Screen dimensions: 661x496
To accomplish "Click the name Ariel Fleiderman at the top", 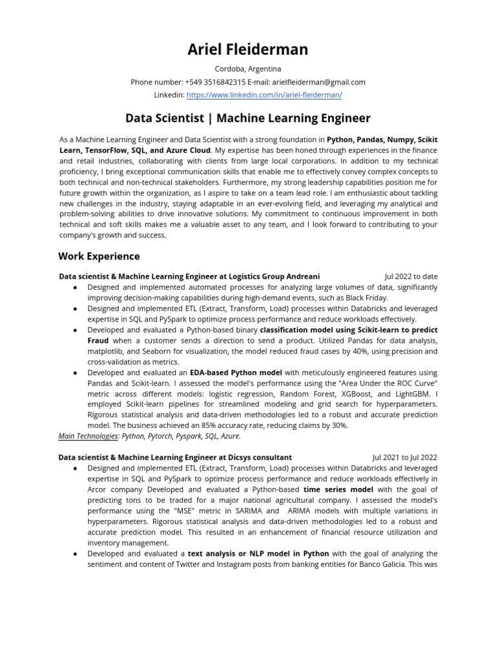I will [248, 49].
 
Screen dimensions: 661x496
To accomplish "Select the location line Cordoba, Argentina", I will [248, 69].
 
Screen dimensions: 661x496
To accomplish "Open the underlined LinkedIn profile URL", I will [264, 95].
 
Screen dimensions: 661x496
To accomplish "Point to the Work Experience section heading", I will [99, 256].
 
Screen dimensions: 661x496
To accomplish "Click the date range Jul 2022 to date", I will [411, 276].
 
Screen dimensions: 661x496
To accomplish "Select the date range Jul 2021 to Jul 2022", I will [405, 457].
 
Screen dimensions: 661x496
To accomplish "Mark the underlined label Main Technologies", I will [88, 436].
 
